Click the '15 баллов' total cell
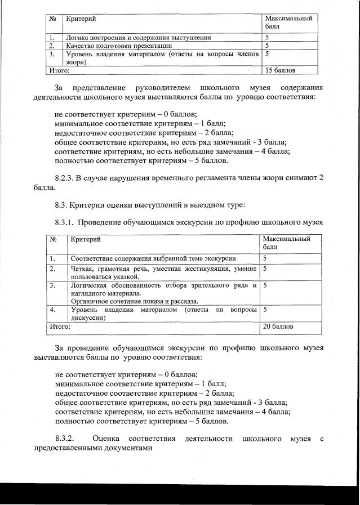click(280, 70)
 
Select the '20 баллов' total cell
click(278, 326)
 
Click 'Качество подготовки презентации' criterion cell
click(119, 46)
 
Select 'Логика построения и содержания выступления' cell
click(139, 38)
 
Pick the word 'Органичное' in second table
click(89, 301)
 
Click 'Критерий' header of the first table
click(79, 19)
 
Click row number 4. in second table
click(52, 310)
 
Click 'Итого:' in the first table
click(59, 70)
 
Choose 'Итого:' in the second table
click(60, 326)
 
